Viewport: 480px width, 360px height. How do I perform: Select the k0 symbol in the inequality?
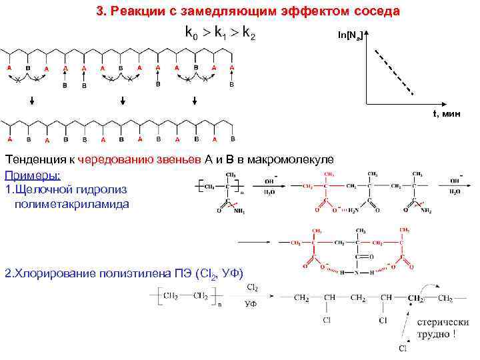click(x=192, y=33)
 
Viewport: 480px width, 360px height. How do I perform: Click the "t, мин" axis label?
click(x=446, y=113)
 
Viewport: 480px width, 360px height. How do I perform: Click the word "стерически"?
click(x=441, y=322)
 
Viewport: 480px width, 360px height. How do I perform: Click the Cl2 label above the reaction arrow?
click(x=253, y=287)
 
